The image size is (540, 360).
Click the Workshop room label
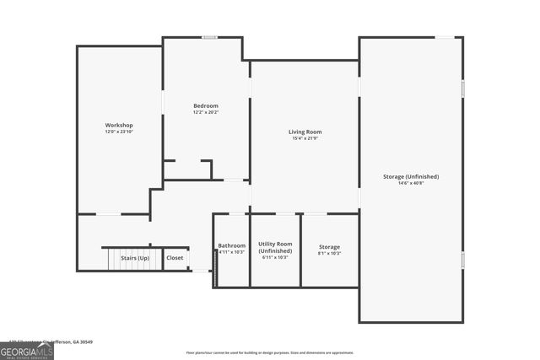(x=119, y=126)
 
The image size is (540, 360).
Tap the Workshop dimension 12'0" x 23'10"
(x=119, y=132)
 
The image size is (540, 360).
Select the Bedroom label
(x=206, y=105)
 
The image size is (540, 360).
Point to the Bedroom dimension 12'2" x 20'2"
(x=206, y=112)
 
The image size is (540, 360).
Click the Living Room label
(x=305, y=132)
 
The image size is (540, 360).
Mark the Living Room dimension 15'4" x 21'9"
(x=305, y=138)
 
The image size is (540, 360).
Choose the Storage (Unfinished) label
(x=411, y=176)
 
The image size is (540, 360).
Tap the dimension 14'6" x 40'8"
(x=411, y=183)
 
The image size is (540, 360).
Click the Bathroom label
(x=231, y=245)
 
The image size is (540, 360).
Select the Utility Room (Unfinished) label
(x=275, y=247)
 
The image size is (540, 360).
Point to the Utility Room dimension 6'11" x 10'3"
(x=275, y=257)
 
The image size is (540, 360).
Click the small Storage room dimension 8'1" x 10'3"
(x=329, y=253)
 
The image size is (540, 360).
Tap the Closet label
(x=175, y=258)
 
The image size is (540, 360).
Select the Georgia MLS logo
(x=26, y=351)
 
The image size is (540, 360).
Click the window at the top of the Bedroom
(x=209, y=37)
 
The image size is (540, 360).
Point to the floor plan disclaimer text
(x=270, y=352)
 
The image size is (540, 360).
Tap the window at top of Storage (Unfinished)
(x=446, y=37)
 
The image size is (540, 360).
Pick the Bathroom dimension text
(x=231, y=252)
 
